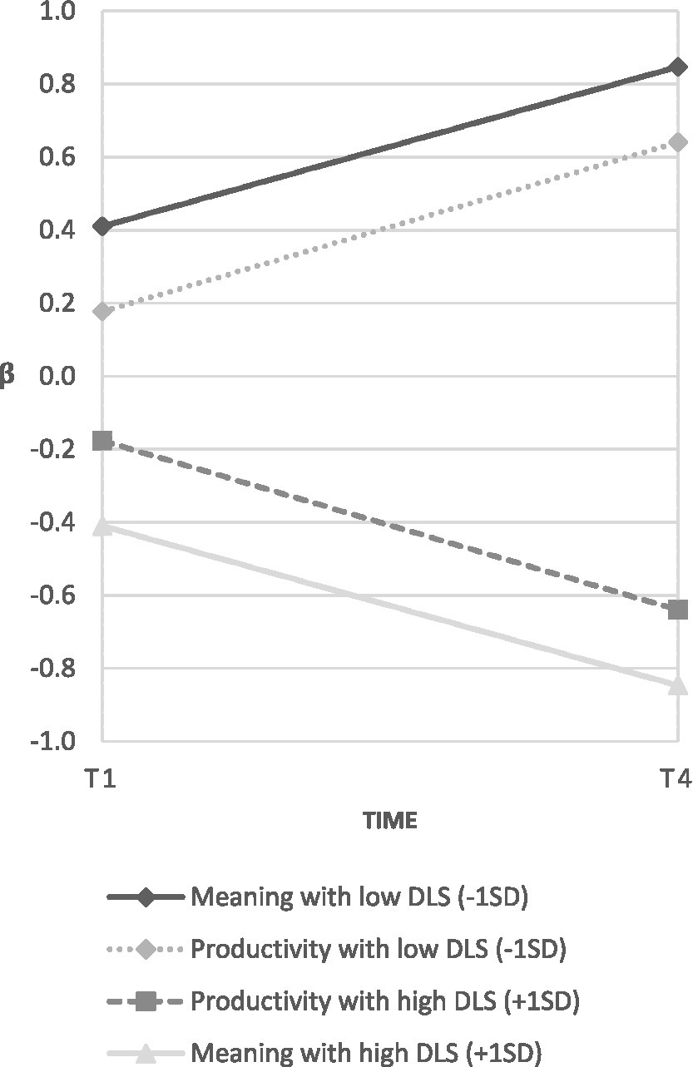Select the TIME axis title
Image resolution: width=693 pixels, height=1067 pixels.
[x=389, y=822]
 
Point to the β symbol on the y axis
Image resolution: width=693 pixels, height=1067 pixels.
[x=7, y=376]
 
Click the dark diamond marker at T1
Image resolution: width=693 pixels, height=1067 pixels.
[x=102, y=226]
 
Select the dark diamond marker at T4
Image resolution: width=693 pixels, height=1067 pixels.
[x=678, y=67]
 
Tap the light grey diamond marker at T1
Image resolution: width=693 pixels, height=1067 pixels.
[x=102, y=312]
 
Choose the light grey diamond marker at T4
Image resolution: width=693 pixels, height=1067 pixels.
[x=678, y=142]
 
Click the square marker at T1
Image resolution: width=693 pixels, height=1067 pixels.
[x=102, y=441]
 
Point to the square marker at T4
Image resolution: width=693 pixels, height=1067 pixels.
[x=678, y=610]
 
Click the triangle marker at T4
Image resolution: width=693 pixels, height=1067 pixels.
[x=678, y=684]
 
